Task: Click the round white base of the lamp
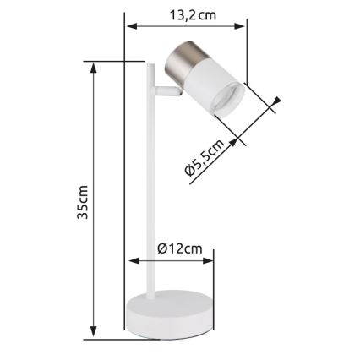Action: click(169, 317)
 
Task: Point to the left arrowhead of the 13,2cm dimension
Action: click(130, 26)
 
